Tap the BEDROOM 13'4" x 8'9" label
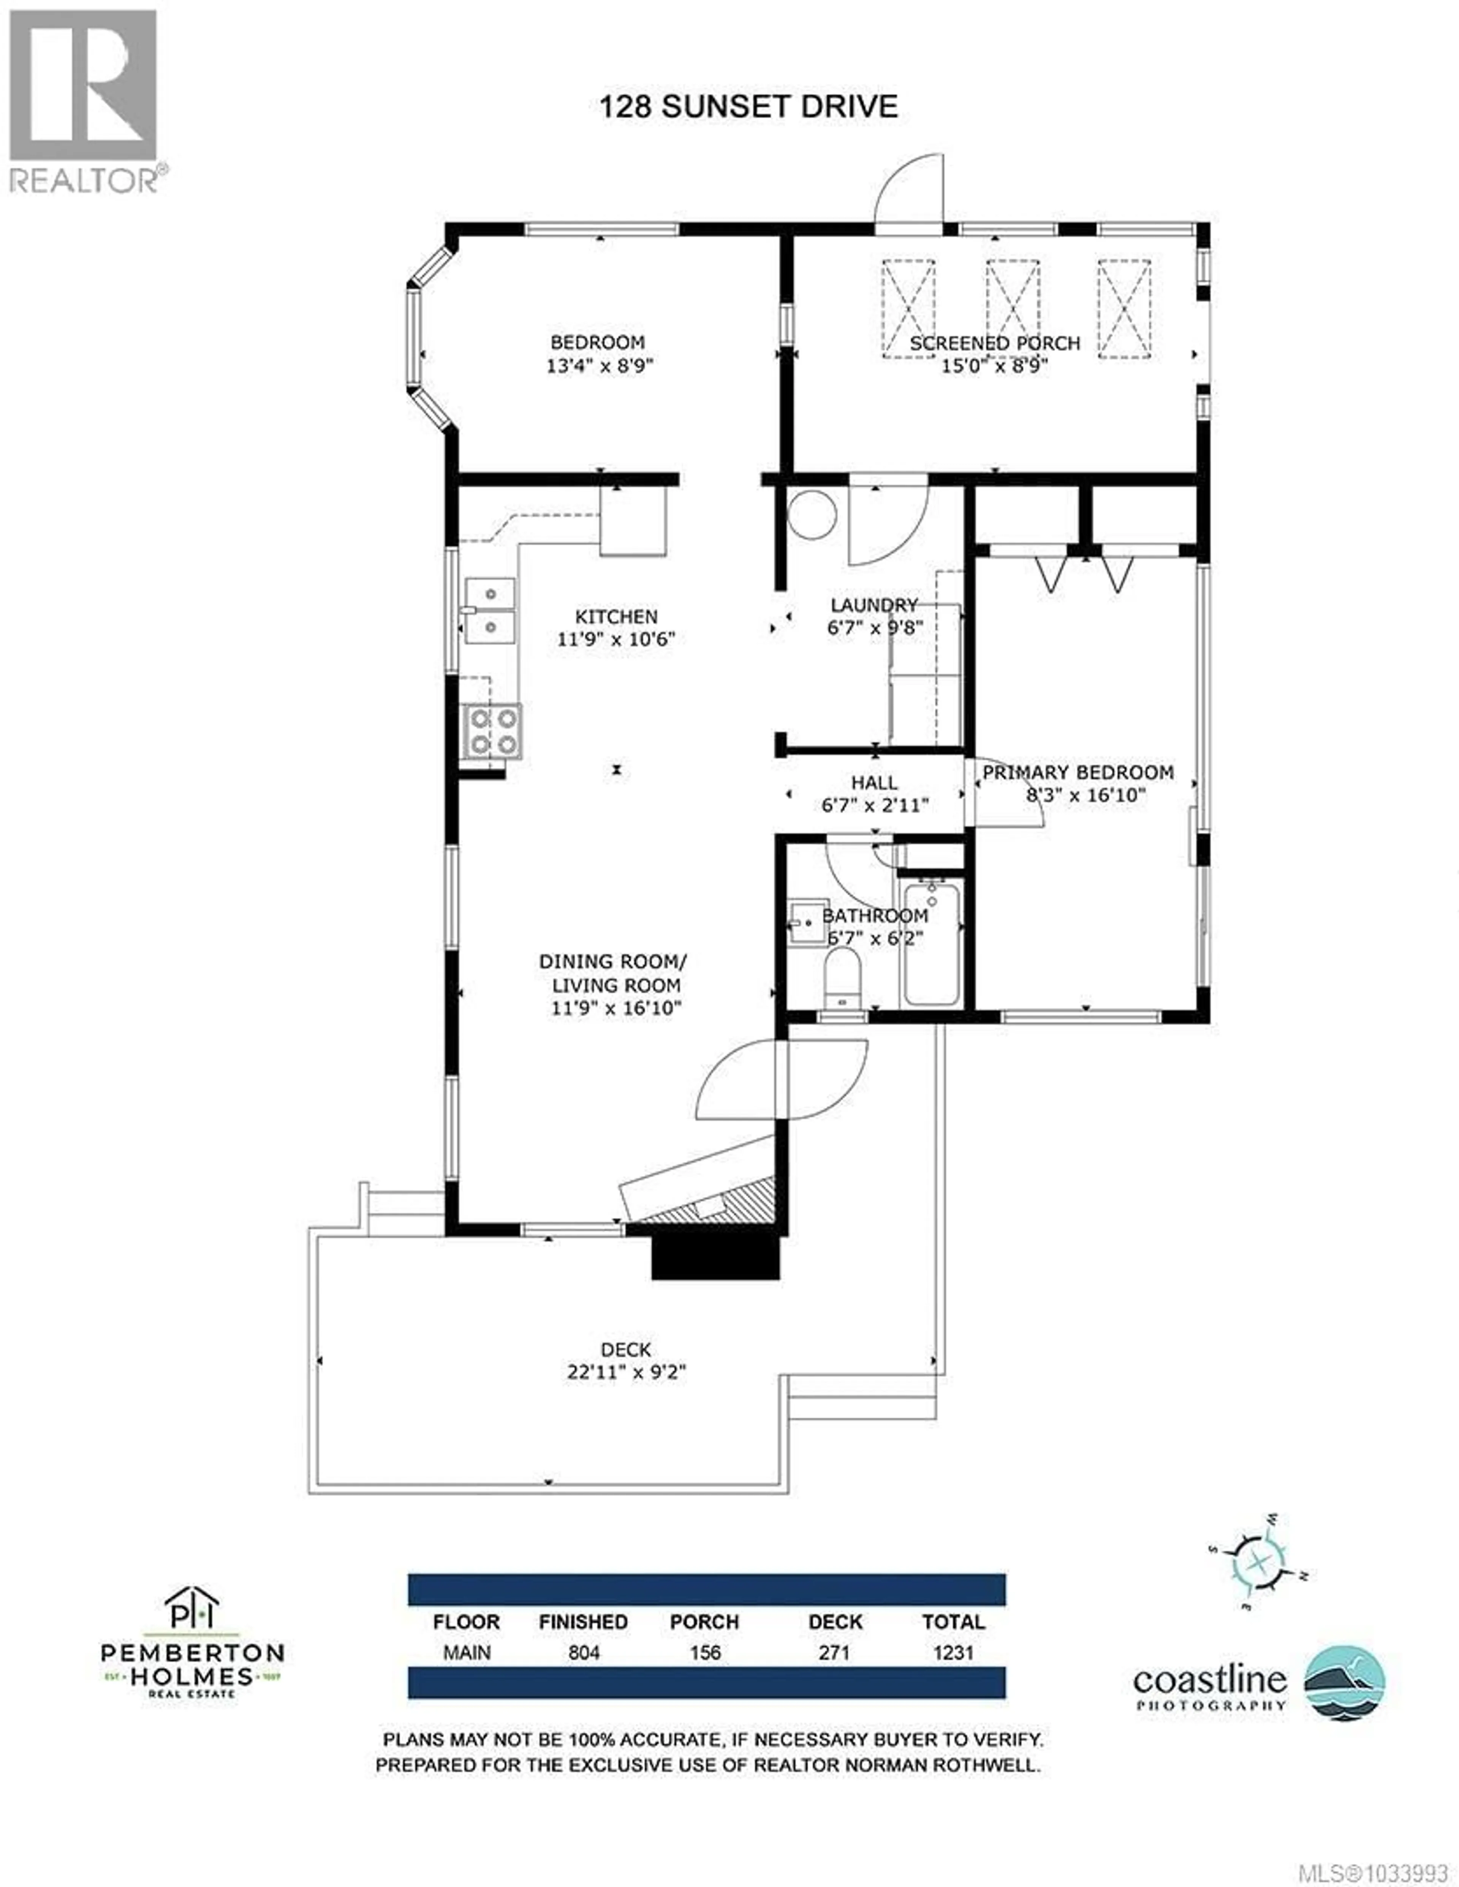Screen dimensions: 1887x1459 598,354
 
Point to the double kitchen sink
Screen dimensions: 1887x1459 490,611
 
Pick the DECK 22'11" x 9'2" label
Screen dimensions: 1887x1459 626,1361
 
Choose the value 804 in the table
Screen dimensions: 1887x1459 584,1653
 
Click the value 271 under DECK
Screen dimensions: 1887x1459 834,1653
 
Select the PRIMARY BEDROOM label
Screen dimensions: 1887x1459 1078,772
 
